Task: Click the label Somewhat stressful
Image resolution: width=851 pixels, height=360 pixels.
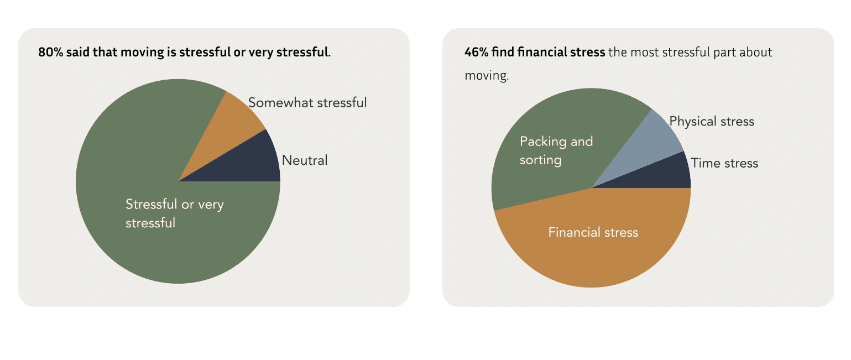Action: pyautogui.click(x=307, y=103)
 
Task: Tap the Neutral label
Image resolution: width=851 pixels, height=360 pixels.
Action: pyautogui.click(x=305, y=160)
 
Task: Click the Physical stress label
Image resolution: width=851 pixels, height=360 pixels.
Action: pyautogui.click(x=712, y=122)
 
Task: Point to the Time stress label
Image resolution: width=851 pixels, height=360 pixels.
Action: pyautogui.click(x=724, y=163)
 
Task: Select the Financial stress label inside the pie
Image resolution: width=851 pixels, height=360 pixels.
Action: pyautogui.click(x=593, y=232)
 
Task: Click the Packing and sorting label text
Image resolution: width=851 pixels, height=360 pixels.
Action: pyautogui.click(x=556, y=150)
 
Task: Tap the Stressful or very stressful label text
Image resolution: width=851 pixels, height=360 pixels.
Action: pyautogui.click(x=174, y=213)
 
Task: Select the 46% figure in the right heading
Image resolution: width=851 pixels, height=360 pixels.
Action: pyautogui.click(x=476, y=53)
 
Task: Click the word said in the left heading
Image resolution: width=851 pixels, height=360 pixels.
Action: pyautogui.click(x=78, y=53)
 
